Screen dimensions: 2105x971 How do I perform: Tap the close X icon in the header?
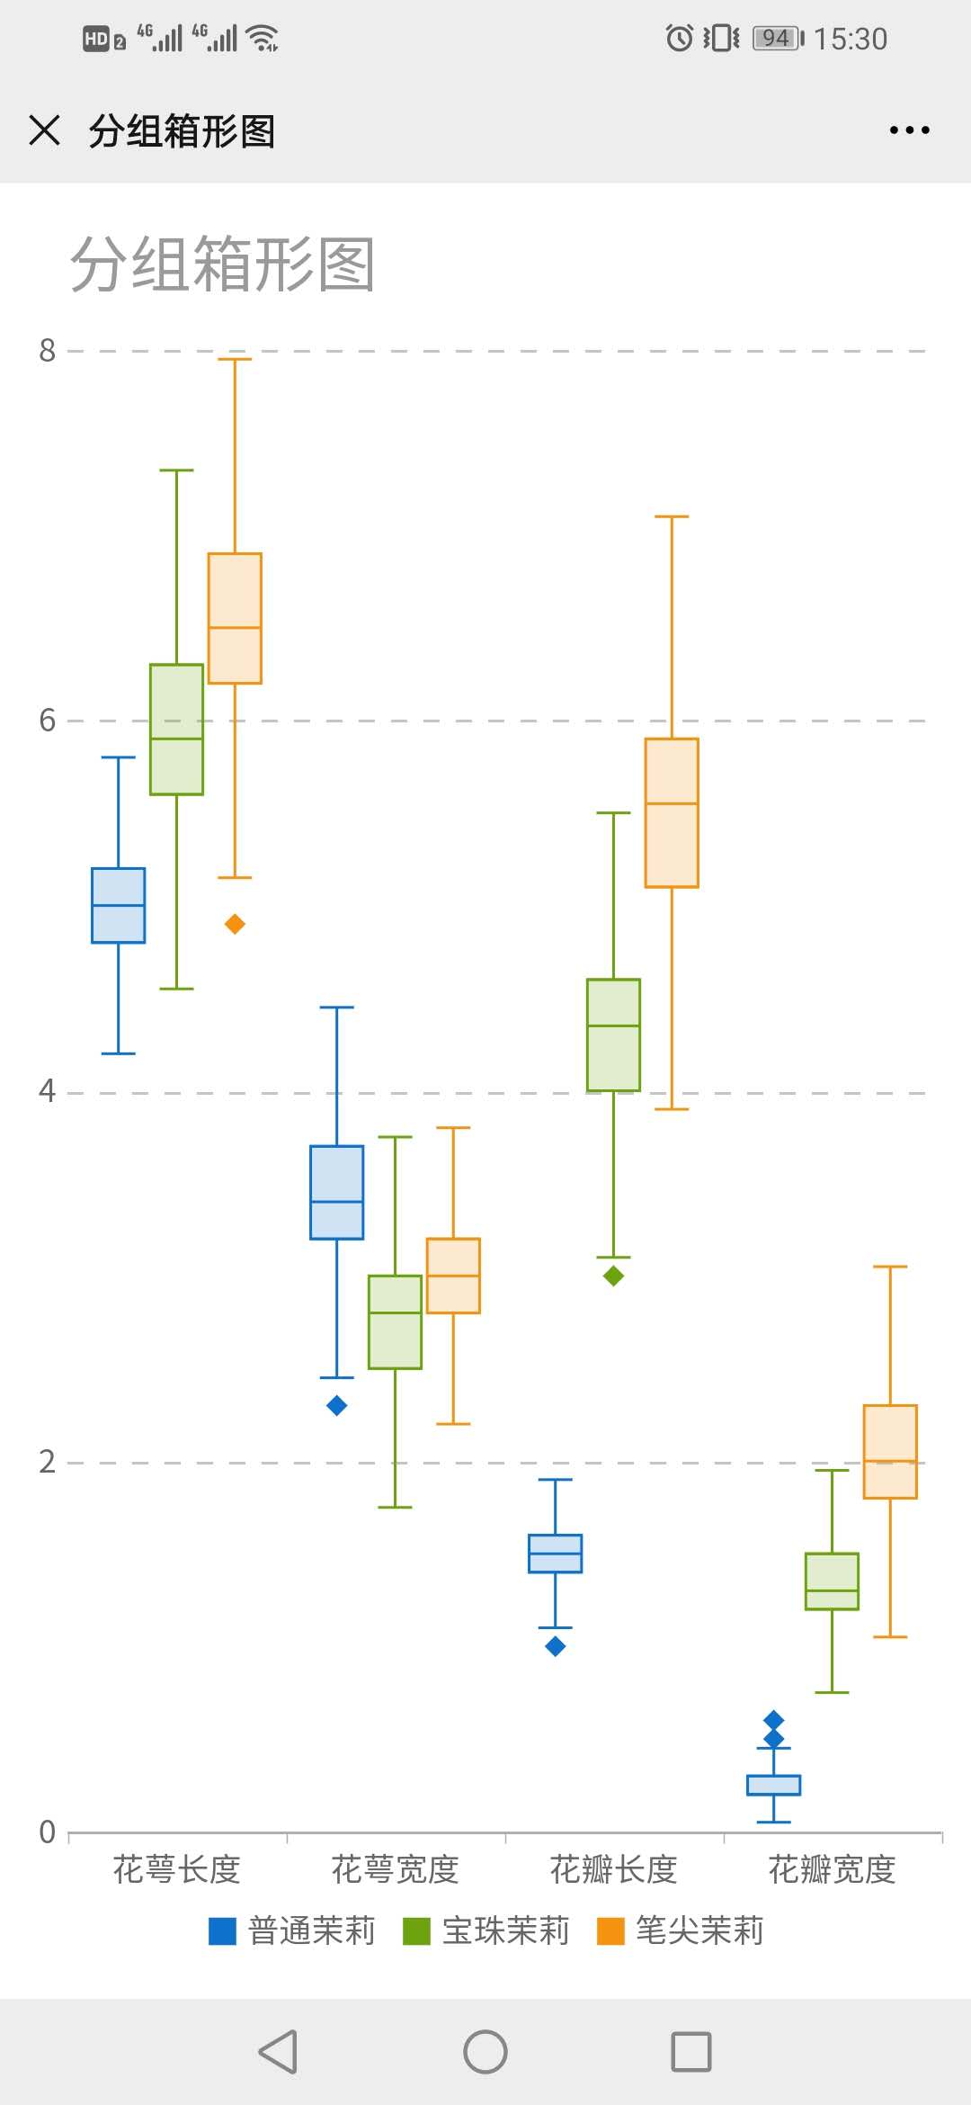[x=44, y=130]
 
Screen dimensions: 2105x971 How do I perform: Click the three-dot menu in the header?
[x=909, y=130]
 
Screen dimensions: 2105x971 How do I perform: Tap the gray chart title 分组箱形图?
[x=222, y=264]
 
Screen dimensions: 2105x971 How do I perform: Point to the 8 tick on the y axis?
[x=48, y=350]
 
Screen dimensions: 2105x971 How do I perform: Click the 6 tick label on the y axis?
[x=48, y=720]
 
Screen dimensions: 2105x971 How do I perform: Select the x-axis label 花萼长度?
[x=176, y=1869]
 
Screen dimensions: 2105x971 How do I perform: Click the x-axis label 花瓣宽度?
[x=832, y=1869]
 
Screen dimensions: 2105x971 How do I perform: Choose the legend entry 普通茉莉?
[x=293, y=1930]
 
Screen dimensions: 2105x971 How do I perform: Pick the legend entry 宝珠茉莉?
[x=487, y=1930]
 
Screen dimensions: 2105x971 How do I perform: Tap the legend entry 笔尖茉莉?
[x=681, y=1930]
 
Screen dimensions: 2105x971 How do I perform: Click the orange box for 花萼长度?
[x=235, y=618]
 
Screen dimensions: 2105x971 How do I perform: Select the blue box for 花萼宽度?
[x=337, y=1192]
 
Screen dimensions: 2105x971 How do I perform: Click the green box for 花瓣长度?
[x=613, y=1035]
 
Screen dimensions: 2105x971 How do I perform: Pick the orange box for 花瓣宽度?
[x=890, y=1451]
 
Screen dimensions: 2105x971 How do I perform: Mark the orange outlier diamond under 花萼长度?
[x=235, y=924]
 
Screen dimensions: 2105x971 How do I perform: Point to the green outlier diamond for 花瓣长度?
[x=613, y=1276]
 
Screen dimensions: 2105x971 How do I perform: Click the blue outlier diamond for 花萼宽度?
[x=337, y=1405]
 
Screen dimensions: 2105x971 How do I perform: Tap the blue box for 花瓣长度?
[x=556, y=1554]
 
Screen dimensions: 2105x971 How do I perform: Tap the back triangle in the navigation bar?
[x=278, y=2052]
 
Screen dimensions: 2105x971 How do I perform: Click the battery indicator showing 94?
[x=778, y=38]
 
